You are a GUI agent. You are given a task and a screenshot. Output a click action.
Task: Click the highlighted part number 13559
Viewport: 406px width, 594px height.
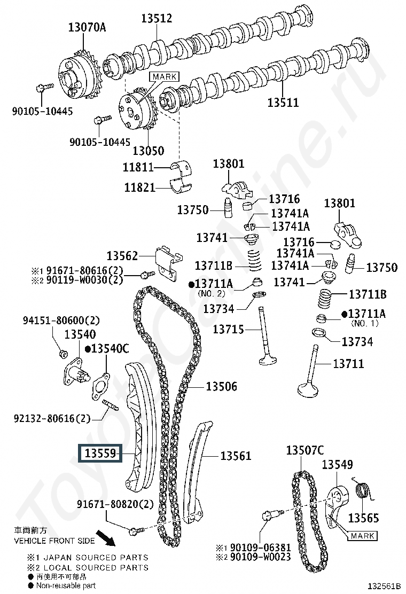100,453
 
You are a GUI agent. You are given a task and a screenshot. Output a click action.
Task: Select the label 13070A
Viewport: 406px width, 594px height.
87,27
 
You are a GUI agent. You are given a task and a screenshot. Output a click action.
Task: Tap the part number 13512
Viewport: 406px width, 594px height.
157,18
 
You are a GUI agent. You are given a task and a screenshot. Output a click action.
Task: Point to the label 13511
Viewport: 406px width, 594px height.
283,102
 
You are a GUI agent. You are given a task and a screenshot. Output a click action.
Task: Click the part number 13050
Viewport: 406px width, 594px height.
149,151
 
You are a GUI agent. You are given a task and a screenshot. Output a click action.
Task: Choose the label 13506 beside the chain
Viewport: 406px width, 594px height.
222,386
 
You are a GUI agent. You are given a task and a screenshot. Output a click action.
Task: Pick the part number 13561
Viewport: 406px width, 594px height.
236,455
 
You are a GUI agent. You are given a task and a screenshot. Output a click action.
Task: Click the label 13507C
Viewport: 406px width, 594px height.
305,450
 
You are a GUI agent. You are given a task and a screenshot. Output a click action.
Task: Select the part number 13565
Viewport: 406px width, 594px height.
363,518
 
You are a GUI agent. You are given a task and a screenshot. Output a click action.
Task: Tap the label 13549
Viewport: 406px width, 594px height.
337,464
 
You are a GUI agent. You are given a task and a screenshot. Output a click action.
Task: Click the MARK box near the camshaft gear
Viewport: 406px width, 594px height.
164,76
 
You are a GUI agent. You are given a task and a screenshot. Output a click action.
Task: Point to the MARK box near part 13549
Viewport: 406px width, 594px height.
362,536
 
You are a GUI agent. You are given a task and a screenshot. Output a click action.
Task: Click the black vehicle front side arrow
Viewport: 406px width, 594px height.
106,538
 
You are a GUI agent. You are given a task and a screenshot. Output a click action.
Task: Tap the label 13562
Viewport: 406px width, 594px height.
122,256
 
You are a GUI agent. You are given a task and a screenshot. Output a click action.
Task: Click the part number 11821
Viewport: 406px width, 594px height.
140,187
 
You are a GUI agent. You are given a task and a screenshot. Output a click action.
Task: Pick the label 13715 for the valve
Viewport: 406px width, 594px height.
228,329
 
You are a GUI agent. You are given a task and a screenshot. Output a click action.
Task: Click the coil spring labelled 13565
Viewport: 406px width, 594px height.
364,492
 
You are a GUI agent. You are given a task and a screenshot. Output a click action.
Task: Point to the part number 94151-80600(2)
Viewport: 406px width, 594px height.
61,321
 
